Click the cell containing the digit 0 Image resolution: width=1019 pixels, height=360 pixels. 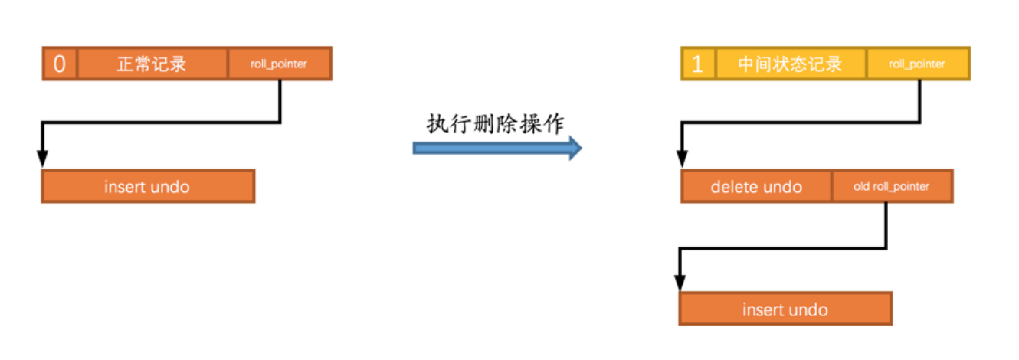[60, 64]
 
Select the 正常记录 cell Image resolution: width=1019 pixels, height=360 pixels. [152, 64]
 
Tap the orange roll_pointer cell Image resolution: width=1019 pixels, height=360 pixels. [279, 64]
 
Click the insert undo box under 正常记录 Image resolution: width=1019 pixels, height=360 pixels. [147, 186]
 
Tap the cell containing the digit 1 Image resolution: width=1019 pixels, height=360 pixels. [697, 64]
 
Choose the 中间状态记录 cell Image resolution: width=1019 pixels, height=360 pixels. [790, 64]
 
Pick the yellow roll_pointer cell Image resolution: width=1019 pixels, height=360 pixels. [917, 64]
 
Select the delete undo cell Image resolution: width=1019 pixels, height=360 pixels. [756, 187]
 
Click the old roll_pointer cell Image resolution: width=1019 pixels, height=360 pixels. [891, 187]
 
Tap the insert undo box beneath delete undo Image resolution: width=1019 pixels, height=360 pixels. [785, 309]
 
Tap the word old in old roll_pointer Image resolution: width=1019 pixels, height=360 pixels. [862, 187]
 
